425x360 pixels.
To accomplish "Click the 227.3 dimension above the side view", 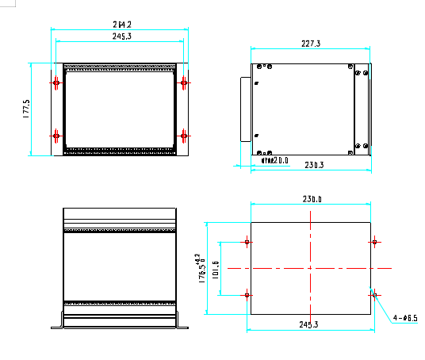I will point(311,44).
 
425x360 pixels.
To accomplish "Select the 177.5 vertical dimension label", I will point(26,109).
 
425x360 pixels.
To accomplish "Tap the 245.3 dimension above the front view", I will point(121,36).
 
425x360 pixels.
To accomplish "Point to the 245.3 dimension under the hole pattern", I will point(309,324).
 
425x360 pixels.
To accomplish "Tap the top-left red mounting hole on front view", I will point(56,82).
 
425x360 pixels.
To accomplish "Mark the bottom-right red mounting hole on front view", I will point(184,136).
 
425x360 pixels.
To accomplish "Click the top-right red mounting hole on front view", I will point(184,82).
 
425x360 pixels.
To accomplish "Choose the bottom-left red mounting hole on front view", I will point(56,136).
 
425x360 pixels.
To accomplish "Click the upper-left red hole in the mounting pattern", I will point(248,242).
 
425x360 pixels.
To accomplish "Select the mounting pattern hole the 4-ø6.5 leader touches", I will point(373,295).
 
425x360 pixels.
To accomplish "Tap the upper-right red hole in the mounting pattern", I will point(373,242).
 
